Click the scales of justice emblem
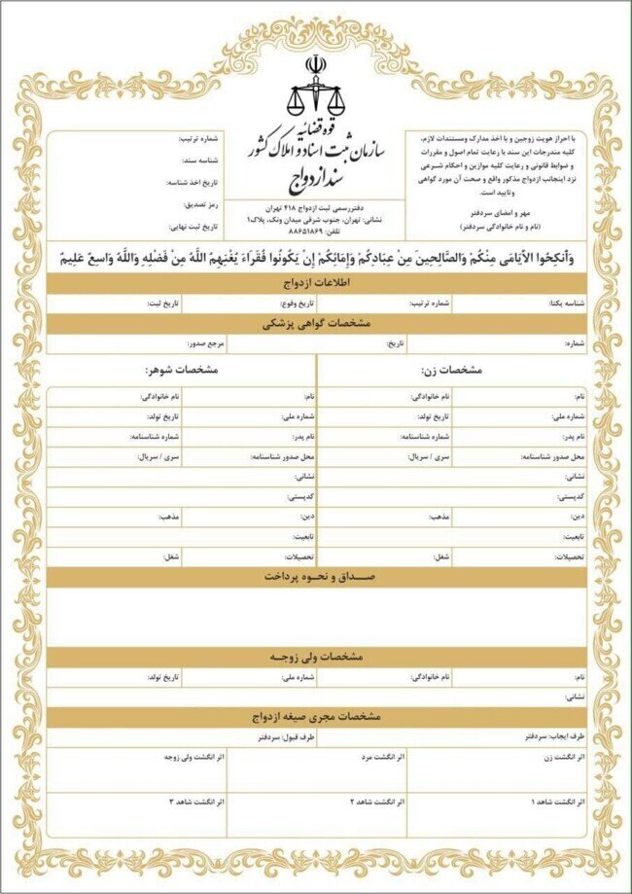coord(315,88)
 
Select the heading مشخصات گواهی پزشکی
coord(315,323)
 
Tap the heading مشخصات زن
coord(449,371)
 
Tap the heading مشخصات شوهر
coord(182,371)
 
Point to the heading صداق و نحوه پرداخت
coord(315,576)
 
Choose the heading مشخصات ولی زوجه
coord(315,657)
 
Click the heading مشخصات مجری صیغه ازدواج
coord(315,716)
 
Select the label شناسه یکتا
coord(567,304)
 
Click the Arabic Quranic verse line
coord(315,258)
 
